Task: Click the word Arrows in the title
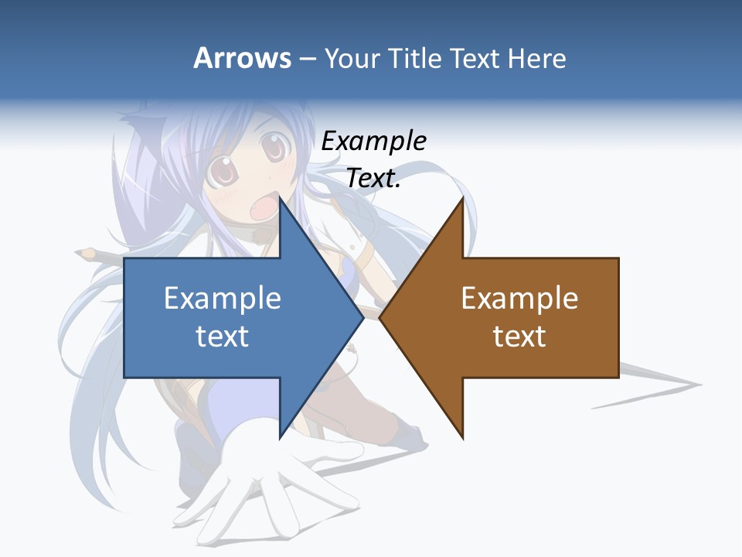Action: (242, 58)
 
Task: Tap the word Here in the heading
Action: (537, 59)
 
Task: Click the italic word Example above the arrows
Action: (373, 142)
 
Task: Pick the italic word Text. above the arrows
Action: (373, 178)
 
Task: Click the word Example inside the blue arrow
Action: (223, 299)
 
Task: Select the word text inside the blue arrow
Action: (223, 337)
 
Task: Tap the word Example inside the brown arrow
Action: (519, 299)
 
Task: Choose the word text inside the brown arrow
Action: (519, 337)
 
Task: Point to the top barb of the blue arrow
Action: (282, 203)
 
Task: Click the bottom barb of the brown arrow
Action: (461, 433)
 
